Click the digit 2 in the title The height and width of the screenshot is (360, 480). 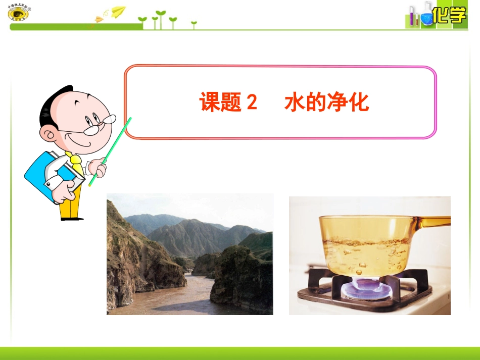coord(251,103)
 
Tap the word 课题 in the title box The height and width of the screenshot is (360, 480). coord(221,103)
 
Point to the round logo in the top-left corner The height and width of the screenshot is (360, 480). coord(19,13)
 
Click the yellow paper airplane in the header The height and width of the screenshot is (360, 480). coord(119,11)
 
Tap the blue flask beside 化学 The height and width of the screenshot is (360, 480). coord(427,17)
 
